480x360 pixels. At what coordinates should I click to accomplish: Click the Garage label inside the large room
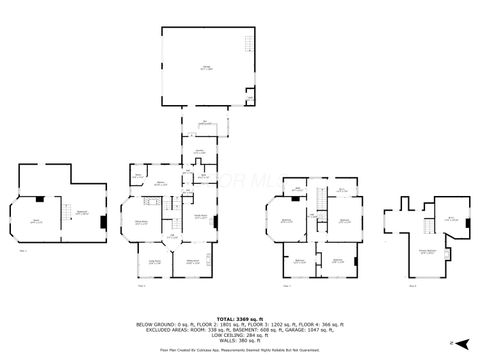pyautogui.click(x=205, y=69)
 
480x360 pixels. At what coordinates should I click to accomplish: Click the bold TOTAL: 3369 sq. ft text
pyautogui.click(x=240, y=318)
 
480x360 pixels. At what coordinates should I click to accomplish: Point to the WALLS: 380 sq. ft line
pyautogui.click(x=240, y=340)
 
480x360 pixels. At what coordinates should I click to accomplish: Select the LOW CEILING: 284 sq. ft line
pyautogui.click(x=240, y=334)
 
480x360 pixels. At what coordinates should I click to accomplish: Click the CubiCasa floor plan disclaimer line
pyautogui.click(x=240, y=348)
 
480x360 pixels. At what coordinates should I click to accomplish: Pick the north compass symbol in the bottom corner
pyautogui.click(x=451, y=343)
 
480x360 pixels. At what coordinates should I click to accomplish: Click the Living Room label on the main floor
pyautogui.click(x=155, y=262)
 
